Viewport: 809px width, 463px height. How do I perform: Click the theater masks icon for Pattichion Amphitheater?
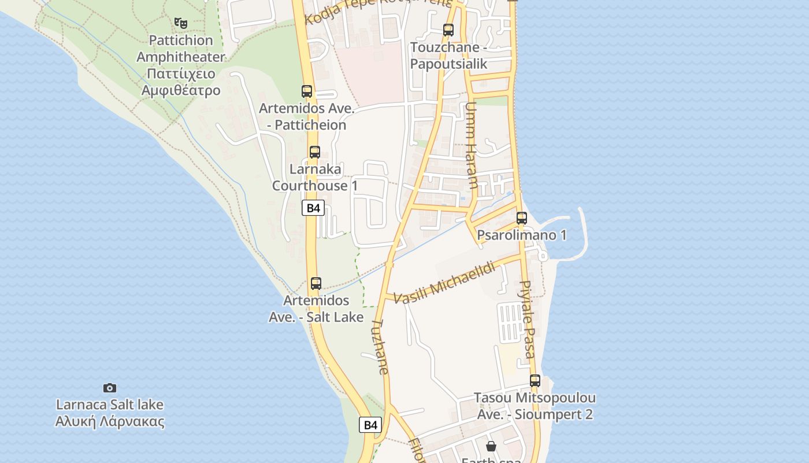[x=181, y=23]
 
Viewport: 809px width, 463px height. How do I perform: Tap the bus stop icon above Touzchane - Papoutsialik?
[x=448, y=30]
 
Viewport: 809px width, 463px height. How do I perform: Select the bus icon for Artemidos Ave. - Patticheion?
[x=307, y=91]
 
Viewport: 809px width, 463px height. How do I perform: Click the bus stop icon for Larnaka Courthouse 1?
[x=315, y=152]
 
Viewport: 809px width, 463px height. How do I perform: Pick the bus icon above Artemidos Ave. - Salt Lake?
[x=316, y=284]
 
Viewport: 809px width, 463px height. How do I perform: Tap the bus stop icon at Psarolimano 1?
[x=522, y=218]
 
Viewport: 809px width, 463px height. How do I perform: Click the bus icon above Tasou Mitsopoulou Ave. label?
[x=535, y=381]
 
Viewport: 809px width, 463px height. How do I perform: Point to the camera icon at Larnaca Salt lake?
[x=110, y=388]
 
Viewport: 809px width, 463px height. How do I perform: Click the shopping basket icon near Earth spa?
[x=491, y=446]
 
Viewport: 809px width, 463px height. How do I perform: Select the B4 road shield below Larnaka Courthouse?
[x=313, y=208]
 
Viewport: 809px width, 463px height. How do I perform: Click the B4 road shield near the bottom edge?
[x=370, y=425]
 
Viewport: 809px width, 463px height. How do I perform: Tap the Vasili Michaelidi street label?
[x=445, y=282]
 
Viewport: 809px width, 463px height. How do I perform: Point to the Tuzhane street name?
[x=379, y=347]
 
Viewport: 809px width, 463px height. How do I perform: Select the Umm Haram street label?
[x=472, y=145]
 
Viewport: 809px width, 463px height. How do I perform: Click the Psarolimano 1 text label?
[x=522, y=235]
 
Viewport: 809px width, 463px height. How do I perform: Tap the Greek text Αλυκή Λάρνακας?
[x=110, y=421]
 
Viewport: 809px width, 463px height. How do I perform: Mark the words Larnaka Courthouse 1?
[x=315, y=177]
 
